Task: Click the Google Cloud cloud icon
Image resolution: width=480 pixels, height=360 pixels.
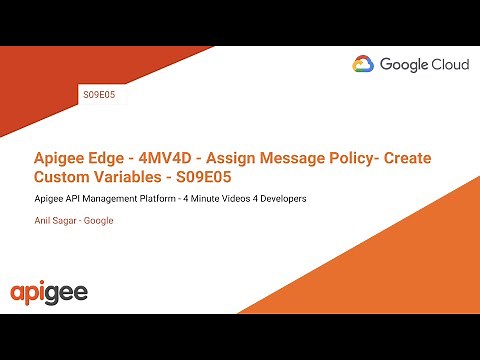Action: point(363,65)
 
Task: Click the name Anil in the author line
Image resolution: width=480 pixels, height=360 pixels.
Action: point(42,220)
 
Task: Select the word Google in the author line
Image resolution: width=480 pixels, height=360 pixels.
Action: point(99,220)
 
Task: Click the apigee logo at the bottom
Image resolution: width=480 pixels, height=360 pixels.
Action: point(49,293)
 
